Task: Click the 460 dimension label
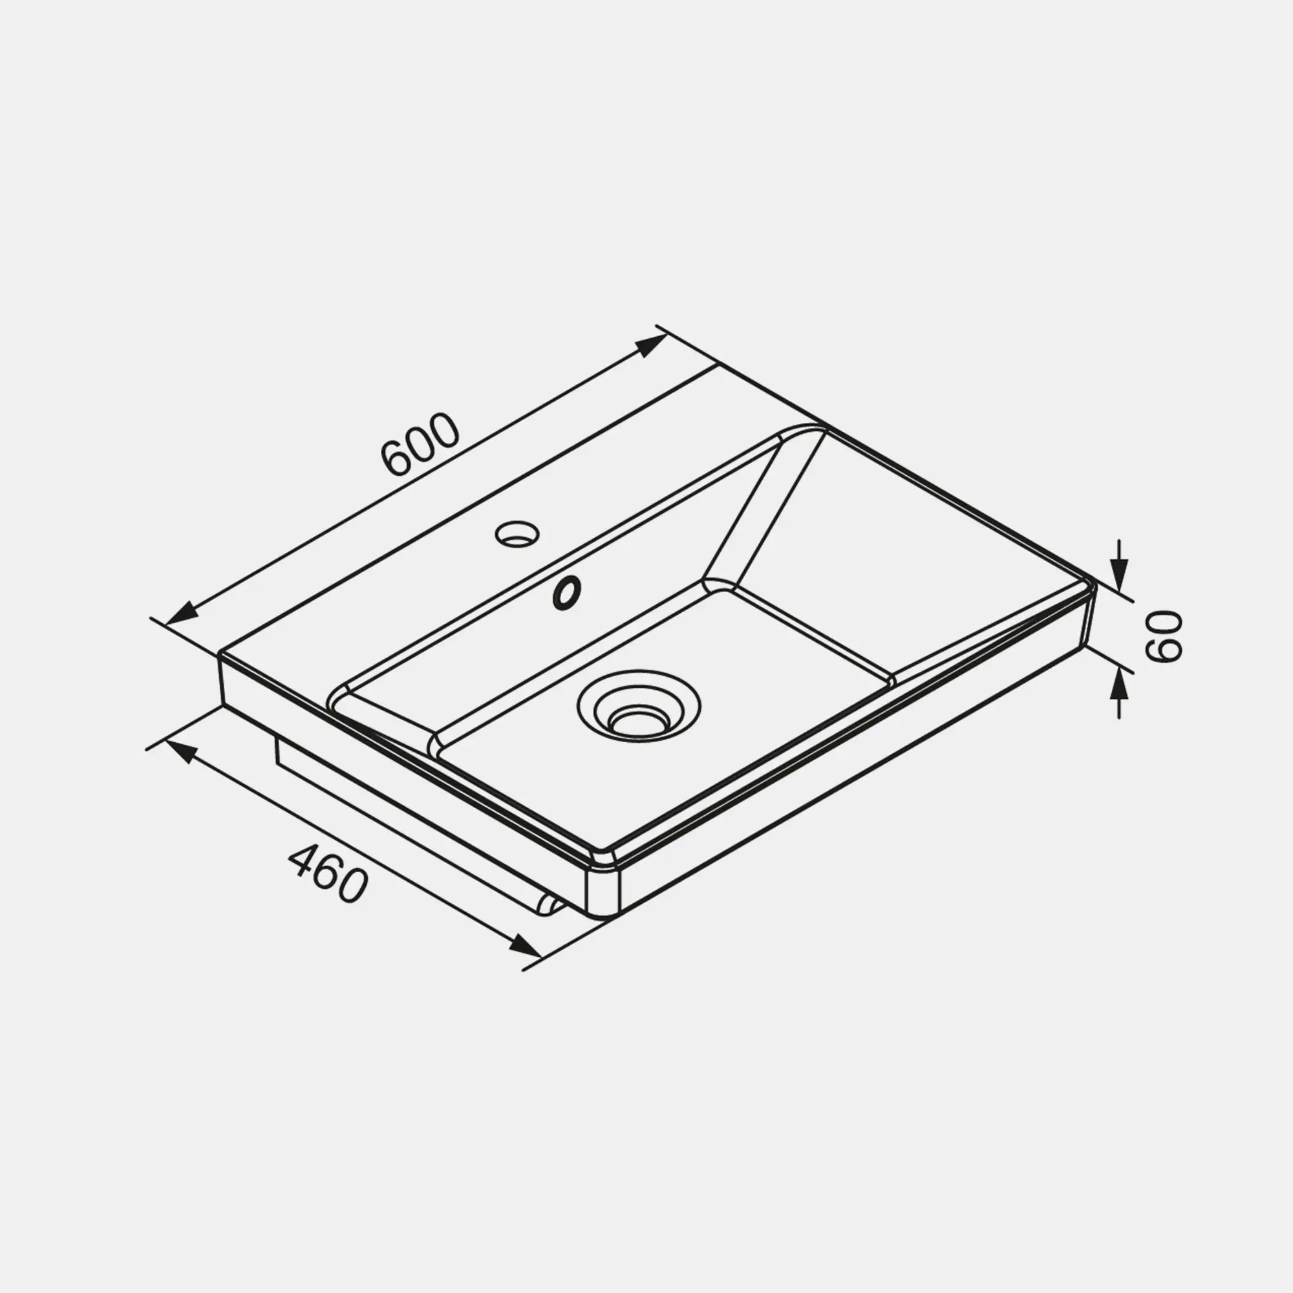[x=328, y=873]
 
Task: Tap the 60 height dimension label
[x=1165, y=636]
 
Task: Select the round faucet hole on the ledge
[x=517, y=534]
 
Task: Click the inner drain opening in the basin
[x=639, y=721]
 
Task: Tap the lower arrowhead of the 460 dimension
[x=525, y=946]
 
